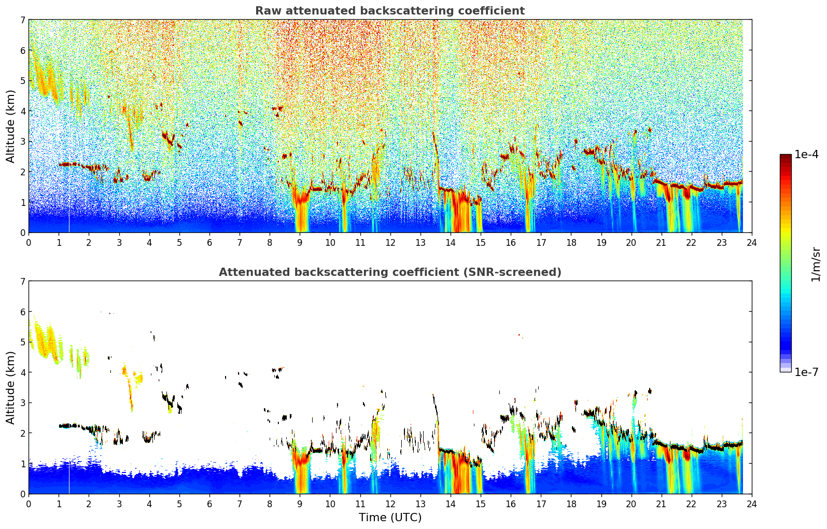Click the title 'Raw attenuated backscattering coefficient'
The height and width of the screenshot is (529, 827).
point(390,11)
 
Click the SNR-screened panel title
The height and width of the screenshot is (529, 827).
point(390,272)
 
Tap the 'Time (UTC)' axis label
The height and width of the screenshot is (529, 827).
point(390,517)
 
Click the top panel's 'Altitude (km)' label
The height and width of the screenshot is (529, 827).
point(10,127)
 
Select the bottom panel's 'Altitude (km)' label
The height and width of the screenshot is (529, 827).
point(10,387)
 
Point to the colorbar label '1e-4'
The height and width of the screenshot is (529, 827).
point(806,155)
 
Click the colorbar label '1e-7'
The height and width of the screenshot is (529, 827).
point(806,372)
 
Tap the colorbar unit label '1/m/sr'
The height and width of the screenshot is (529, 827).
point(816,264)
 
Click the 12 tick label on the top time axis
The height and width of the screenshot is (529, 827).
point(390,243)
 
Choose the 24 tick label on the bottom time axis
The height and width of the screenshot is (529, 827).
point(752,504)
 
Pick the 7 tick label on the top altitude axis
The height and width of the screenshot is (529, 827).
point(23,20)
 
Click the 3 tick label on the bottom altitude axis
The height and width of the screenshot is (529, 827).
point(23,402)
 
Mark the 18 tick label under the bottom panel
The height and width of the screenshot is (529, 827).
point(571,504)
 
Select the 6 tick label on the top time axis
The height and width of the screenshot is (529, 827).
point(209,243)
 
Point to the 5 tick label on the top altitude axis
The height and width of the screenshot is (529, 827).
point(23,81)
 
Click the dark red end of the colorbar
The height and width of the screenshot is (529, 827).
point(786,157)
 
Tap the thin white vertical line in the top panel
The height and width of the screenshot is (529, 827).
point(69,218)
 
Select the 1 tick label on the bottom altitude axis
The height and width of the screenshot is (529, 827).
point(23,464)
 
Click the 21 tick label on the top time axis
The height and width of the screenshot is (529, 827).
point(661,243)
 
